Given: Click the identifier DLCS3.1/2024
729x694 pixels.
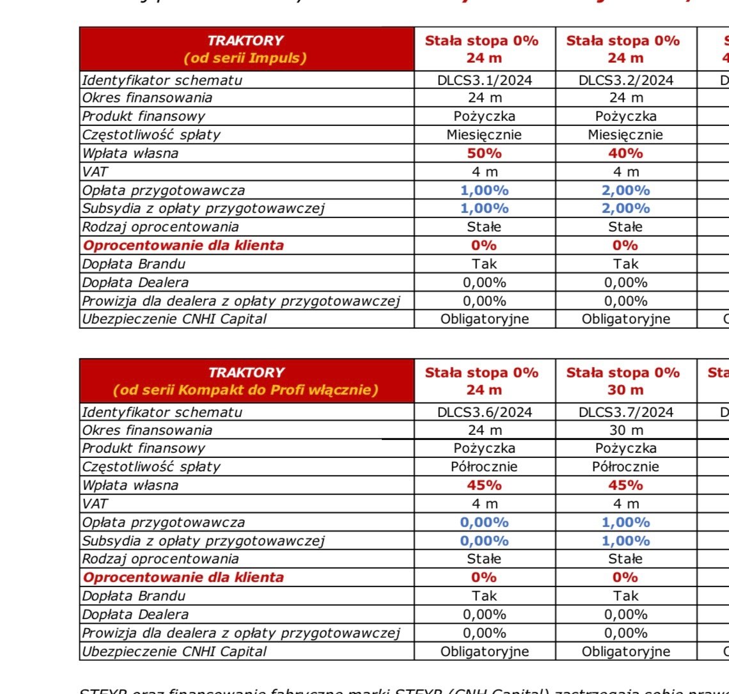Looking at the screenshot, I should pyautogui.click(x=484, y=80).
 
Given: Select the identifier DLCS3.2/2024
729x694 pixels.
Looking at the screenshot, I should pyautogui.click(x=625, y=80).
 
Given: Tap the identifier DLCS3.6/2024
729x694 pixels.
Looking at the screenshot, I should pyautogui.click(x=484, y=412).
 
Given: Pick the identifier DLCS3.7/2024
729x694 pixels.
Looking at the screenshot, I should pyautogui.click(x=625, y=412).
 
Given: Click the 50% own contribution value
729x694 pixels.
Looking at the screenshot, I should pyautogui.click(x=484, y=154).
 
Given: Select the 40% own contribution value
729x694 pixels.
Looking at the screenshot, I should pyautogui.click(x=625, y=154).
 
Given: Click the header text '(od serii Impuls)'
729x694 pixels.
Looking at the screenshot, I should pyautogui.click(x=246, y=58).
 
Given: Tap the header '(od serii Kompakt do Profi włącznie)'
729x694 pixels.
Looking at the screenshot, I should pyautogui.click(x=246, y=390).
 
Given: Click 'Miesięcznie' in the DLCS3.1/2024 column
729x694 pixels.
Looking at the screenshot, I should pyautogui.click(x=484, y=135).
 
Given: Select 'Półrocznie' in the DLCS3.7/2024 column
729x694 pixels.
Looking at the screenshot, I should pyautogui.click(x=625, y=467).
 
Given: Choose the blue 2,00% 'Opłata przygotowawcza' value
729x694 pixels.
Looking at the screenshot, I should pyautogui.click(x=625, y=191).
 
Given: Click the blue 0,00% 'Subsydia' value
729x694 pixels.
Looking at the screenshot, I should pyautogui.click(x=484, y=541).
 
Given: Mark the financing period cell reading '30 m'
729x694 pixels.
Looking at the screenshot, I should pyautogui.click(x=625, y=430).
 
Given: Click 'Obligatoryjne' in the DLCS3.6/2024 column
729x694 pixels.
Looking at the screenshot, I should pyautogui.click(x=484, y=652).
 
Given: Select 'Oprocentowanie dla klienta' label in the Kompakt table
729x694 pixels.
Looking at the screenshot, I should pyautogui.click(x=184, y=578).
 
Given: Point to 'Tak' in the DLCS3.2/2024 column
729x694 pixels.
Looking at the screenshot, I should pyautogui.click(x=625, y=264).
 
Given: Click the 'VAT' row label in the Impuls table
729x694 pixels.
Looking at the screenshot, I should pyautogui.click(x=94, y=172).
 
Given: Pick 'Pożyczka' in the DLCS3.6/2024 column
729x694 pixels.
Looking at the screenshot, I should pyautogui.click(x=484, y=448).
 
